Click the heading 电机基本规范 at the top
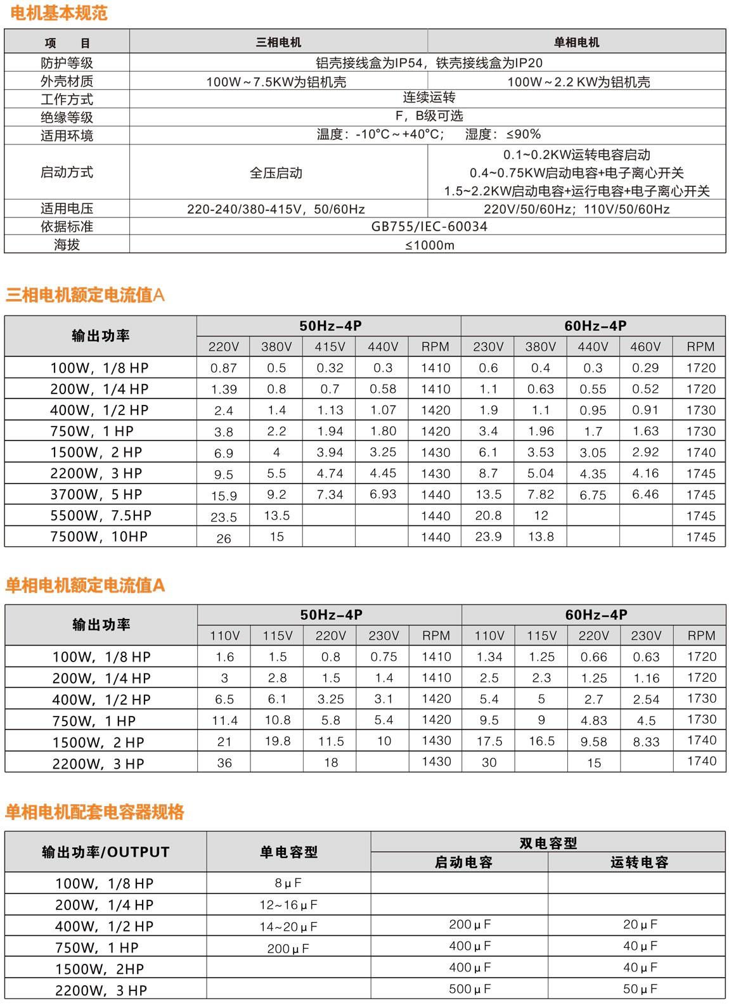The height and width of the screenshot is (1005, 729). pyautogui.click(x=59, y=13)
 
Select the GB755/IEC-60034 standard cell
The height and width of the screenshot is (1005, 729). pyautogui.click(x=429, y=227)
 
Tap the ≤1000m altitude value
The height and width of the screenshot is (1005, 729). pyautogui.click(x=429, y=245)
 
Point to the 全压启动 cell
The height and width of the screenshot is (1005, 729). pyautogui.click(x=276, y=173)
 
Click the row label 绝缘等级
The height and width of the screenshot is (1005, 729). pyautogui.click(x=67, y=117)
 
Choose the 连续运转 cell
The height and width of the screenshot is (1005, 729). pyautogui.click(x=429, y=98)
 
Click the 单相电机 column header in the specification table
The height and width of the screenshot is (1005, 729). pyautogui.click(x=576, y=42)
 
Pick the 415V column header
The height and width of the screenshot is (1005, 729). pyautogui.click(x=330, y=347)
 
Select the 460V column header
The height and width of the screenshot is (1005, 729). pyautogui.click(x=645, y=347)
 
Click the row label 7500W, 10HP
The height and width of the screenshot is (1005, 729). pyautogui.click(x=99, y=537)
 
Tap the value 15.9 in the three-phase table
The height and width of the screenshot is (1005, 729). pyautogui.click(x=224, y=496)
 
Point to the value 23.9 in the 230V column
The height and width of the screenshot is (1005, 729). pyautogui.click(x=488, y=537)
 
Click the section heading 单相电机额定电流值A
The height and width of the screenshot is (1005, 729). pyautogui.click(x=85, y=585)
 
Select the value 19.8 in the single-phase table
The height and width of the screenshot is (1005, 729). pyautogui.click(x=278, y=741)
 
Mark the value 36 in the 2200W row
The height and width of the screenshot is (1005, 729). pyautogui.click(x=224, y=763)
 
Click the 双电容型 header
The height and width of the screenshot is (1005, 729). pyautogui.click(x=548, y=843)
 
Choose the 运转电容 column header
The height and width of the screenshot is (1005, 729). pyautogui.click(x=639, y=862)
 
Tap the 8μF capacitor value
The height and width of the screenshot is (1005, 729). pyautogui.click(x=288, y=883)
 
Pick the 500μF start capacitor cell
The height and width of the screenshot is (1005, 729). pyautogui.click(x=470, y=989)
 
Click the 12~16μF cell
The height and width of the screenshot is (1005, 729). pyautogui.click(x=288, y=905)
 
